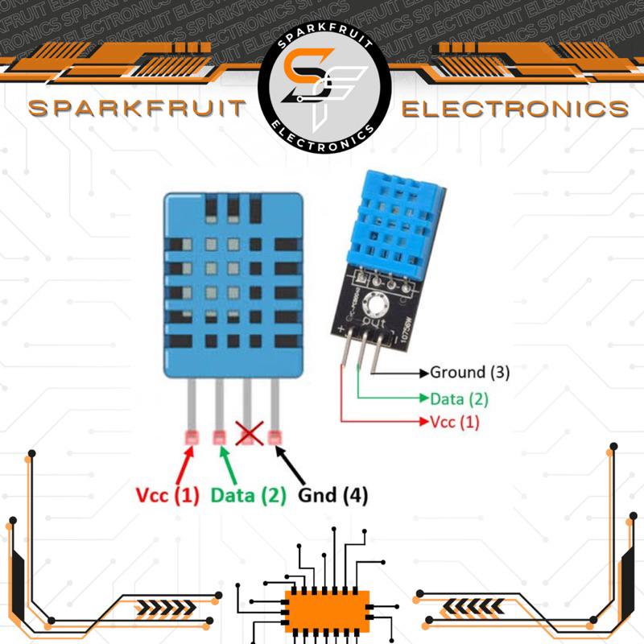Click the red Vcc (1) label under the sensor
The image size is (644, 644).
click(x=167, y=496)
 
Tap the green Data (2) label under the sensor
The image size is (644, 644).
click(x=249, y=496)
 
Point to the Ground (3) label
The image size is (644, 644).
click(x=470, y=372)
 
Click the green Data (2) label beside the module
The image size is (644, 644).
click(x=459, y=398)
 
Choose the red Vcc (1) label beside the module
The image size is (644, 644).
click(x=455, y=422)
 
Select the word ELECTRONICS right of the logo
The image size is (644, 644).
click(x=514, y=109)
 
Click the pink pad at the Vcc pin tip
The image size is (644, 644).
click(x=192, y=438)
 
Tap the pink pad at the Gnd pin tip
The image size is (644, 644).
click(x=275, y=438)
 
